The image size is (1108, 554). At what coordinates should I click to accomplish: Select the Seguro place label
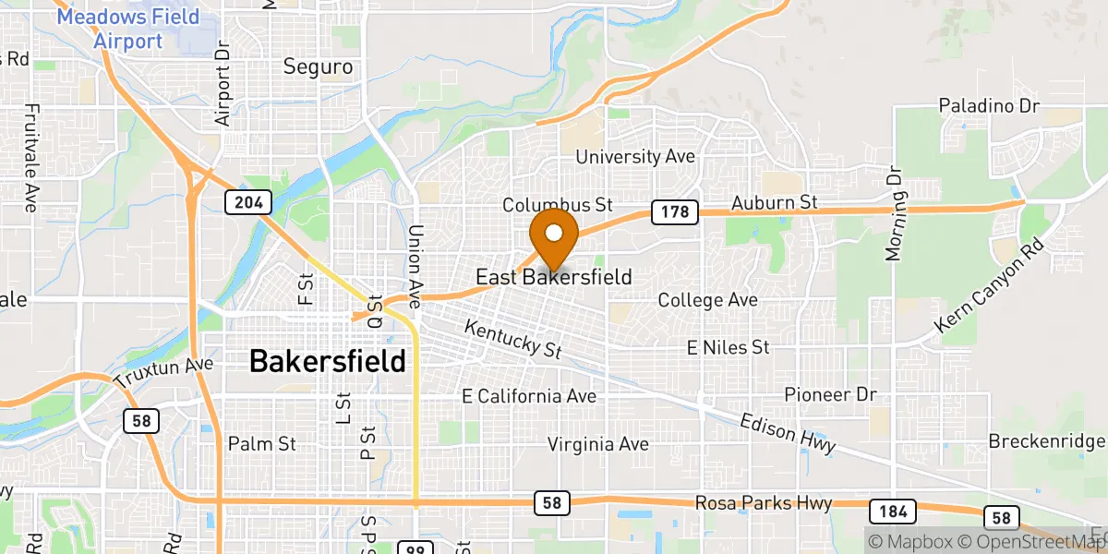click(x=318, y=66)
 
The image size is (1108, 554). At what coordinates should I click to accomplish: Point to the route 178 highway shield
click(x=673, y=212)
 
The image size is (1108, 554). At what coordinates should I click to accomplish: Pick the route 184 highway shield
click(x=891, y=511)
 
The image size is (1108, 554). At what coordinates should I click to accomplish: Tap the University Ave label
click(x=635, y=157)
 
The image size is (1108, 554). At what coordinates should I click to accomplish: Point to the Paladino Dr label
click(x=990, y=106)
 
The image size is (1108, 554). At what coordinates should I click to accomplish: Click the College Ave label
click(x=707, y=300)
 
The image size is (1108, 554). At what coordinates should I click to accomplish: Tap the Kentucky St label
click(x=513, y=339)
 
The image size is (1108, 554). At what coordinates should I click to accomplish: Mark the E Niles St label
click(x=728, y=347)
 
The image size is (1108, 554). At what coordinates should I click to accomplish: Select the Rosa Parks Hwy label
click(x=763, y=503)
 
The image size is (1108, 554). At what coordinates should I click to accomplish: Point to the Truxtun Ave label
click(x=163, y=372)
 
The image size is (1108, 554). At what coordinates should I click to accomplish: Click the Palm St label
click(x=261, y=444)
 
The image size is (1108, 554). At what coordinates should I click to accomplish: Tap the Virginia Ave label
click(x=598, y=444)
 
